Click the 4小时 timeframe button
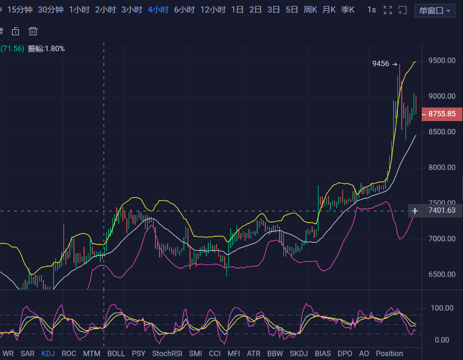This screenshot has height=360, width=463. coord(158,10)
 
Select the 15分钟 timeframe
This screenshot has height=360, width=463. coord(19,10)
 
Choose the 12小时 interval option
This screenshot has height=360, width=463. coord(213,10)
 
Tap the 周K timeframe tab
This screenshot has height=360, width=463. coord(310,10)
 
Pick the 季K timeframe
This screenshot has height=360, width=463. coord(347,10)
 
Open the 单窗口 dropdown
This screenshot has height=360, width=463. coord(435,10)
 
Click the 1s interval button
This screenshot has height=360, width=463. coord(371,10)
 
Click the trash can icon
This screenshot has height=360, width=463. coord(33,31)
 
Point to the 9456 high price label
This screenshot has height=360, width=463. coord(380,64)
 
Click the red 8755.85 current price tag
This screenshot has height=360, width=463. coord(441,114)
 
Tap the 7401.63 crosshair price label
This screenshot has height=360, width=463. coord(441,211)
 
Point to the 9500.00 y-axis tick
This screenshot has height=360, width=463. coord(441,60)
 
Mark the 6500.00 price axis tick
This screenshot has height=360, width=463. coord(441,275)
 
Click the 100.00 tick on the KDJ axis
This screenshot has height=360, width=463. coord(442,308)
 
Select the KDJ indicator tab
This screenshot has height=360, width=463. coord(48,353)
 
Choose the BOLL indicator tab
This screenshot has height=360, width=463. coord(116,353)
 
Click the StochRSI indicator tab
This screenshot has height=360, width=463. coord(167,353)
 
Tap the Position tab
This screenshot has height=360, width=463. coord(389,353)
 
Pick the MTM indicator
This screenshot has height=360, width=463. coord(92,353)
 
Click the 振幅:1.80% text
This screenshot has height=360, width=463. coord(46,48)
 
